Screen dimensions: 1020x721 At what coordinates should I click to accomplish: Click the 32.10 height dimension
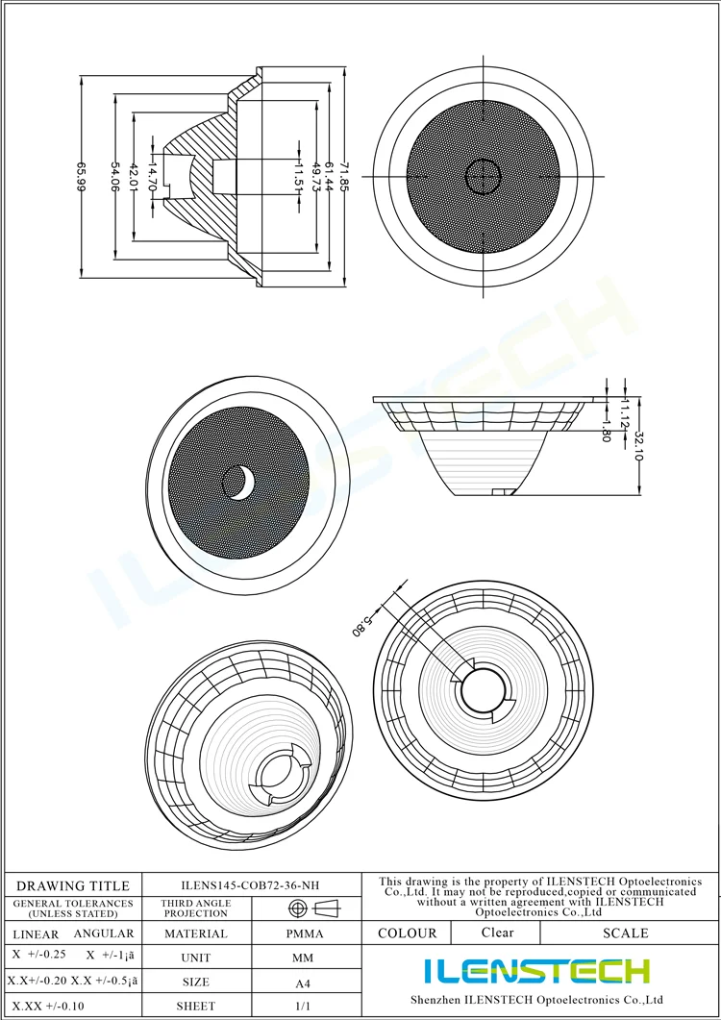click(x=638, y=445)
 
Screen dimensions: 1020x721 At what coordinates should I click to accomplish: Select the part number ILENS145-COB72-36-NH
click(x=251, y=885)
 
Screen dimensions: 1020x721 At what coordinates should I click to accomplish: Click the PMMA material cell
click(x=306, y=933)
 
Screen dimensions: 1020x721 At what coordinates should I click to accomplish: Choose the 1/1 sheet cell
click(x=302, y=1007)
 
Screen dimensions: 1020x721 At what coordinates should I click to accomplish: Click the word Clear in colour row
click(x=497, y=933)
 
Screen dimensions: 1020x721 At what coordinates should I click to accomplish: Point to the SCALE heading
click(x=625, y=933)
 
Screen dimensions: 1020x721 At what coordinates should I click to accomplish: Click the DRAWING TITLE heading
click(x=73, y=885)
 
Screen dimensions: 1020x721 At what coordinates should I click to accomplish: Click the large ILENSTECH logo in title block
click(x=537, y=971)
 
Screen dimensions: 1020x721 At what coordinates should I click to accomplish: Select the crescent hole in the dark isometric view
click(x=239, y=483)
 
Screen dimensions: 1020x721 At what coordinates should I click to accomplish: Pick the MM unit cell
click(x=302, y=958)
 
